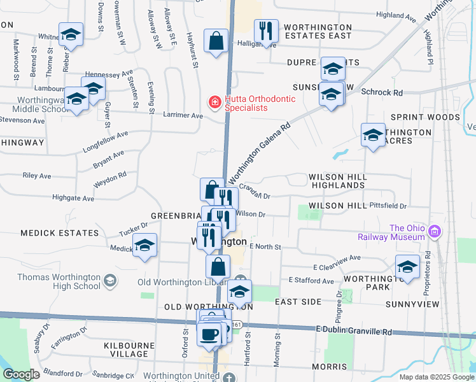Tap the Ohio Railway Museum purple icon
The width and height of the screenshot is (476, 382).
[x=435, y=230]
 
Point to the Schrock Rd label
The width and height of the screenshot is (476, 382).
[x=382, y=92]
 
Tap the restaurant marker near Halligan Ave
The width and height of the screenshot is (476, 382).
[x=265, y=30]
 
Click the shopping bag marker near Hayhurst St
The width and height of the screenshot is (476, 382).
[x=216, y=40]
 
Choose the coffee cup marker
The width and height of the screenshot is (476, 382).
[x=209, y=333]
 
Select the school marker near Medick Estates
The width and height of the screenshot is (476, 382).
[x=145, y=245]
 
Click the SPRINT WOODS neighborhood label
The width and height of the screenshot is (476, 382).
[x=425, y=118]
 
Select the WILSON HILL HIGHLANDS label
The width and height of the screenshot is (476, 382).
[x=337, y=181]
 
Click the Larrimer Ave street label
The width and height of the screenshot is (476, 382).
[x=183, y=116]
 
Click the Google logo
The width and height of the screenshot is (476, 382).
[x=21, y=374]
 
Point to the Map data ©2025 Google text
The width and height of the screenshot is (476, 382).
[x=437, y=377]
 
